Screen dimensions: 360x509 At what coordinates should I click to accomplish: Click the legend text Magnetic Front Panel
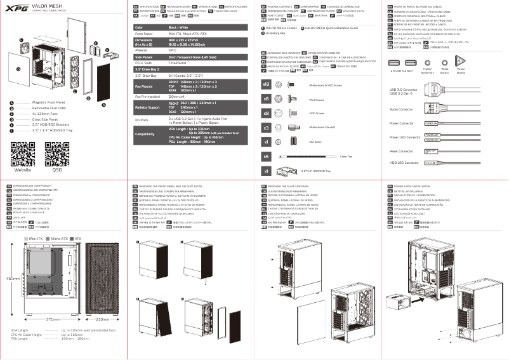pyautogui.click(x=50, y=102)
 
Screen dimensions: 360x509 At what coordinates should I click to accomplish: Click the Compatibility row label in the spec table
pyautogui.click(x=145, y=134)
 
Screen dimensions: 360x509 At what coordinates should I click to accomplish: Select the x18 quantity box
pyautogui.click(x=267, y=84)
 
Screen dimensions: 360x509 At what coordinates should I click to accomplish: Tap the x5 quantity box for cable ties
pyautogui.click(x=267, y=156)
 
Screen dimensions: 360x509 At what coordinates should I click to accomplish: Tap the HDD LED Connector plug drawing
pyautogui.click(x=430, y=163)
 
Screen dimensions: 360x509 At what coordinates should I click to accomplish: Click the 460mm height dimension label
pyautogui.click(x=13, y=278)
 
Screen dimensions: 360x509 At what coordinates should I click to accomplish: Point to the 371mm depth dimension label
pyautogui.click(x=53, y=319)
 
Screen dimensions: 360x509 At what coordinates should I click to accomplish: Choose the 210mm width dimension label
pyautogui.click(x=102, y=319)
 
